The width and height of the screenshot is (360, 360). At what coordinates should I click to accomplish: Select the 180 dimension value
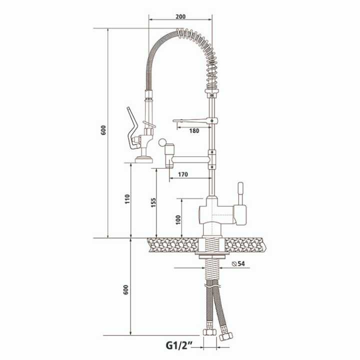[x=194, y=131]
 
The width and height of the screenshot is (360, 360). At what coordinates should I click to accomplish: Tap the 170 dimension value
[x=182, y=175]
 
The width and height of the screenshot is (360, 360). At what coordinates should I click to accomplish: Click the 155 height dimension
[x=153, y=202]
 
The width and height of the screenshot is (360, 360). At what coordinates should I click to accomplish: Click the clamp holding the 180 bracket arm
[x=214, y=120]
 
